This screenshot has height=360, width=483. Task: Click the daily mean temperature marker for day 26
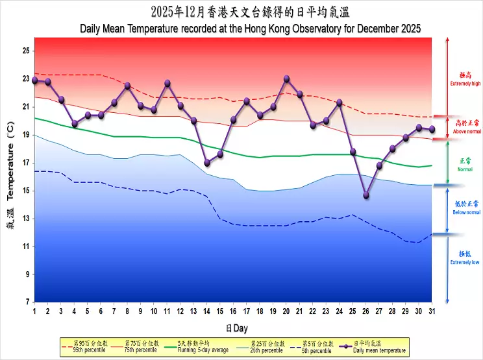pos(366,195)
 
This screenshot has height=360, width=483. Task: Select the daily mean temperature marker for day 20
pos(286,79)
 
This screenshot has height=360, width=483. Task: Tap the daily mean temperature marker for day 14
pos(207,163)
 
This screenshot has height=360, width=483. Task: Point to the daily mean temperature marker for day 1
pos(34,80)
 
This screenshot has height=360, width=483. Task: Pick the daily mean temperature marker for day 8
pos(127,86)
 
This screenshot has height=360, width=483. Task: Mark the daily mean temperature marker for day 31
pos(432,129)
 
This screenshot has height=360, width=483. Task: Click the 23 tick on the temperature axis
pos(27,78)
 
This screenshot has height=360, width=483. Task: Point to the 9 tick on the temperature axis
pos(27,274)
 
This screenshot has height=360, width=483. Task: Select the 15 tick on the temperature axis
pos(27,190)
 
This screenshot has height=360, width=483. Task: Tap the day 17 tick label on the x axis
pos(247,311)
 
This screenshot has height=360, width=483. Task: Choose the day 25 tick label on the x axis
pos(353,311)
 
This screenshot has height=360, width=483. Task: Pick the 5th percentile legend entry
pos(317,350)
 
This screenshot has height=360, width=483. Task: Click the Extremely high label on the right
pos(465,84)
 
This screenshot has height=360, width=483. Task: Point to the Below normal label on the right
pos(465,212)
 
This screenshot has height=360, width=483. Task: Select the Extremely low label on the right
pos(465,262)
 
